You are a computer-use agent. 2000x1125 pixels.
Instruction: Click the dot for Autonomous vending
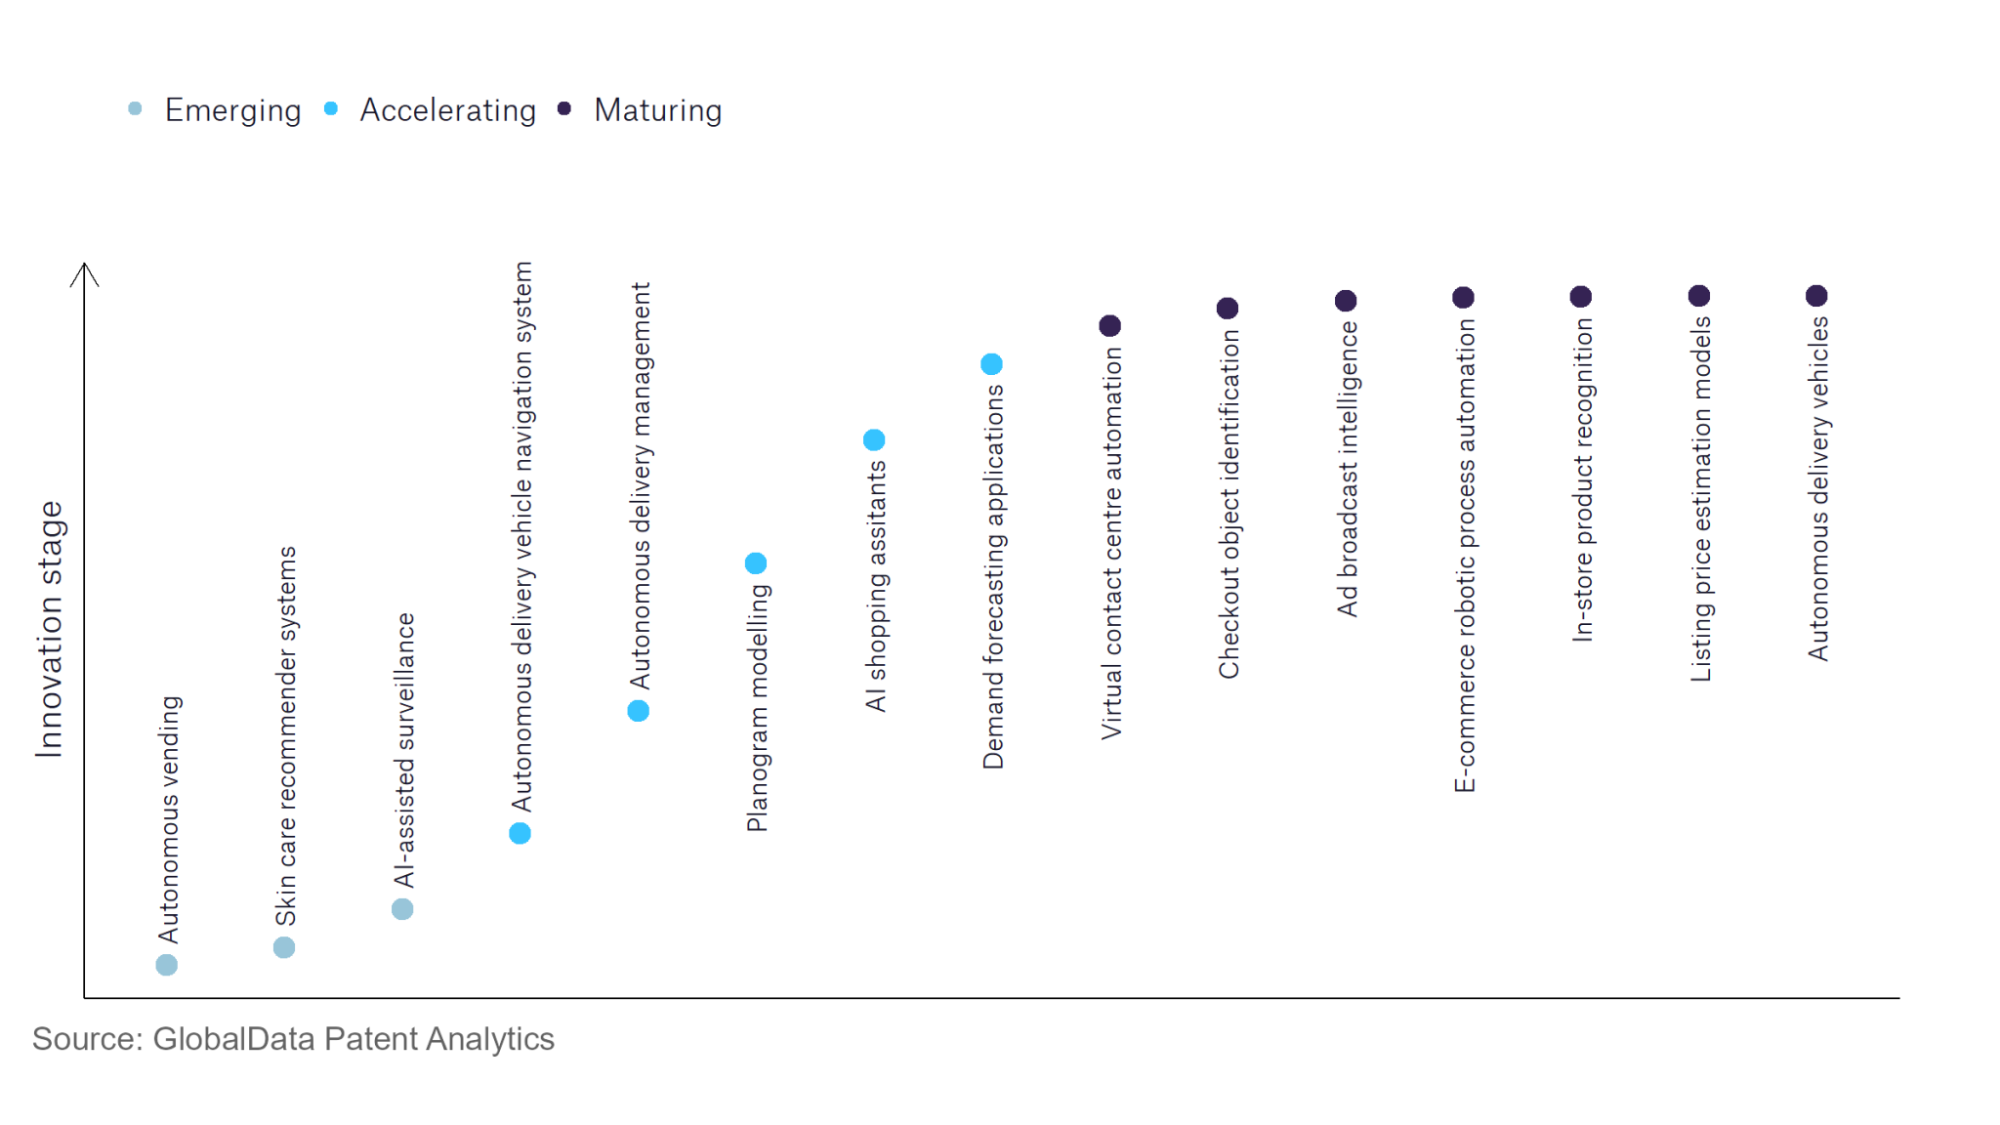[167, 965]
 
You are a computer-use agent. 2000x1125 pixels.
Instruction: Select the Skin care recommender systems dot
[284, 947]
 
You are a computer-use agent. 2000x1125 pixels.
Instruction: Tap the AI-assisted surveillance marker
[402, 909]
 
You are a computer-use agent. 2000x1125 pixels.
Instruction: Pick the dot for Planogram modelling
[756, 563]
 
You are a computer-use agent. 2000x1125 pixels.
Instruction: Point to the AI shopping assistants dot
[874, 440]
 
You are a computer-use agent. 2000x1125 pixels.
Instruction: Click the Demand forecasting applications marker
[991, 364]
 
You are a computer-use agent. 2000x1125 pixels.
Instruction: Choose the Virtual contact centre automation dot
[1109, 325]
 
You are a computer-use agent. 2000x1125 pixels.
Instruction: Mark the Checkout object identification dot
[1228, 309]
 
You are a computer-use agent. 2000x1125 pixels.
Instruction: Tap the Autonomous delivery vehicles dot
[1816, 296]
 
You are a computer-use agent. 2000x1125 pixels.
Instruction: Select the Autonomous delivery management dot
[639, 711]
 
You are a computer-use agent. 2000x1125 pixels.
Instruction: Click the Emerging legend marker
[135, 108]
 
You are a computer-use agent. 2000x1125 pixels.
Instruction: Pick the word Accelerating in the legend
[447, 110]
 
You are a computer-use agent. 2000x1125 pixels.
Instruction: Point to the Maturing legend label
[657, 110]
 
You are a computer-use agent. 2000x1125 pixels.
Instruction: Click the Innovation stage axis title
[50, 629]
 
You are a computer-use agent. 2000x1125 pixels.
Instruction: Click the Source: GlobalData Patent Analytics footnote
[293, 1039]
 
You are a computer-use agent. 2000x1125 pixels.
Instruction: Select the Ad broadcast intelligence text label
[1348, 469]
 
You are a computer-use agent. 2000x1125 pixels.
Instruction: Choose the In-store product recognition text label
[1582, 479]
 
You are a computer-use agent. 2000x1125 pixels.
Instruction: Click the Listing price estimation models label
[1701, 498]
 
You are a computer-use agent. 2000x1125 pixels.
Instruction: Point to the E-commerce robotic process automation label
[1465, 555]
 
